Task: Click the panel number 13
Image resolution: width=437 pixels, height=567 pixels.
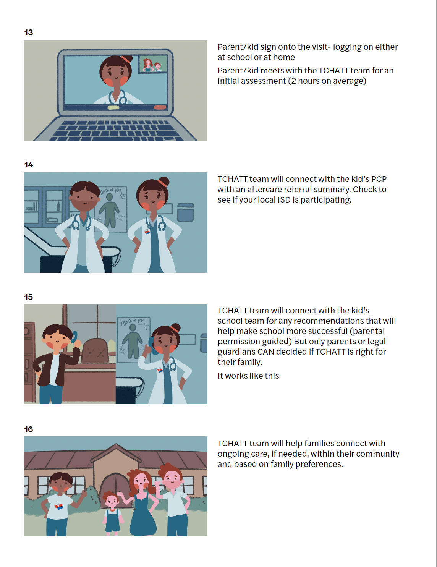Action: point(28,32)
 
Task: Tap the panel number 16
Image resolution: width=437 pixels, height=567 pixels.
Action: point(28,429)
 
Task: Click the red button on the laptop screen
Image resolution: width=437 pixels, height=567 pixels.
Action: point(160,107)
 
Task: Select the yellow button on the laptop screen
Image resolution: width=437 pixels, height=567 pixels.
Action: point(113,107)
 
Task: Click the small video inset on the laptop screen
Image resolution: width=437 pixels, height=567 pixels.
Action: point(152,64)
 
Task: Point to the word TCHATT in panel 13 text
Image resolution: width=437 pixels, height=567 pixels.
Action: point(333,70)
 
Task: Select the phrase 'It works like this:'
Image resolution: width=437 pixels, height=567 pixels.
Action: point(249,376)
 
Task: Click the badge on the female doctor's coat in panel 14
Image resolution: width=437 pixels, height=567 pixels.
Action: point(147,232)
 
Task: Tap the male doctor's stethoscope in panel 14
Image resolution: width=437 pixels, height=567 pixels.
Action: point(81,222)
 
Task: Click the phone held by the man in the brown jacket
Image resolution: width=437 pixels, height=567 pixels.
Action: point(74,337)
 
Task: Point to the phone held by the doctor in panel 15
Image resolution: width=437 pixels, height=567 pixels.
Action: point(152,346)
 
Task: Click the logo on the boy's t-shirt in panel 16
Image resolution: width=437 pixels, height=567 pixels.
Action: point(59,506)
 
